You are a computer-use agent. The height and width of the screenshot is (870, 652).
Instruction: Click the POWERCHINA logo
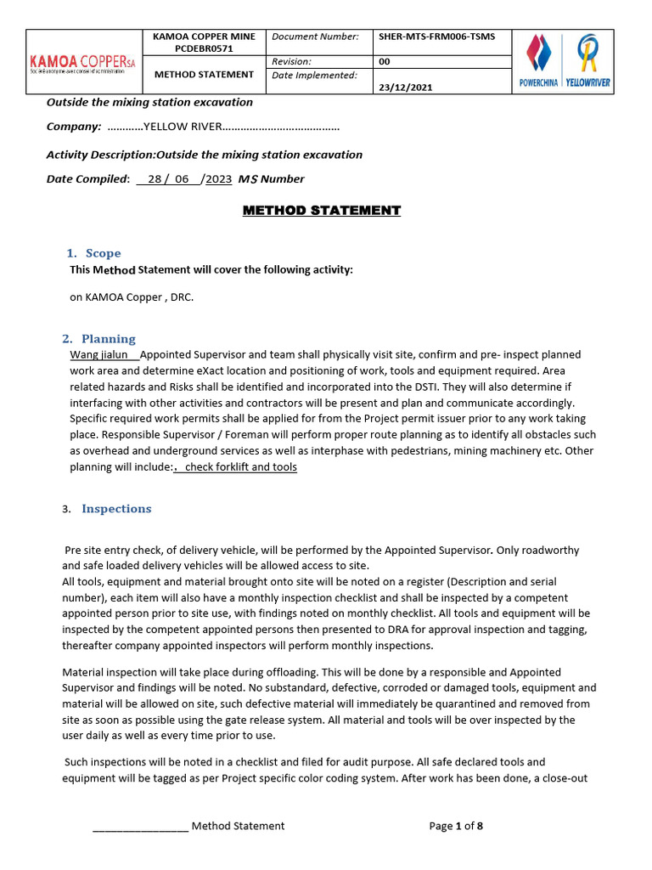point(538,60)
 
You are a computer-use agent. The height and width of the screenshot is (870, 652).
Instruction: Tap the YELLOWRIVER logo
point(587,60)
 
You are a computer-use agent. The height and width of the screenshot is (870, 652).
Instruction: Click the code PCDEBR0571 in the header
point(203,49)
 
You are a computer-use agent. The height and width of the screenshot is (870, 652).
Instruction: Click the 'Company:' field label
point(73,127)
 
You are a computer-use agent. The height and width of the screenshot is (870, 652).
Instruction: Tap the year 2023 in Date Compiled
point(218,179)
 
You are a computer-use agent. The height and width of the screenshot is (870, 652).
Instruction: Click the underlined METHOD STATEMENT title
point(322,211)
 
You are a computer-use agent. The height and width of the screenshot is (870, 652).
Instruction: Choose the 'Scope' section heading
point(103,253)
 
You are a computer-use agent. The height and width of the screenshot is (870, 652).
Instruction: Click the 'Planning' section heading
point(108,338)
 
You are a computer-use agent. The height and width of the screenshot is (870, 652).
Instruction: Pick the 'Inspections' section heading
point(116,509)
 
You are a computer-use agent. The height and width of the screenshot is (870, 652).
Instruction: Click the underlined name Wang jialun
point(98,354)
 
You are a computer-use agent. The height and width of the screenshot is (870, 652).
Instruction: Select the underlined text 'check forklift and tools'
point(240,467)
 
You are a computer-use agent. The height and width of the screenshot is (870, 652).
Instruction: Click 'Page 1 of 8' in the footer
point(456,826)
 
